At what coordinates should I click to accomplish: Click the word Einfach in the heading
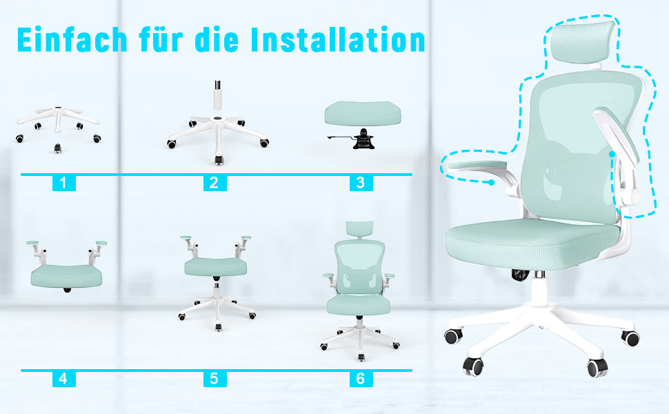pos(72,40)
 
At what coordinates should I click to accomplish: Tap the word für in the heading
pos(161,40)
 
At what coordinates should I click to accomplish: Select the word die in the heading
pos(217,40)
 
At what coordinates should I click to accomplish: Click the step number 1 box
pos(64,183)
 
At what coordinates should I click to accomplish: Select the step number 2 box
pos(214,183)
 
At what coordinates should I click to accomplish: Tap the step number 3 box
pos(361,183)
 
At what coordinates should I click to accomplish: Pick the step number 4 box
pos(64,379)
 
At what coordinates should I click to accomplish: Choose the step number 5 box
pos(214,379)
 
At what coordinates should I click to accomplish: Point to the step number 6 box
pos(361,379)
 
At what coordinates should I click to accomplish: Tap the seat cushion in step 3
pos(362,113)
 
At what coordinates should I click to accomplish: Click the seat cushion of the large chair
pos(532,242)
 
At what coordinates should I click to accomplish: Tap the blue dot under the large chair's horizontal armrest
pos(492,183)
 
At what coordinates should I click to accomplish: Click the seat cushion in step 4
pos(66,276)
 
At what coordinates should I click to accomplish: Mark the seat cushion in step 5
pos(215,267)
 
